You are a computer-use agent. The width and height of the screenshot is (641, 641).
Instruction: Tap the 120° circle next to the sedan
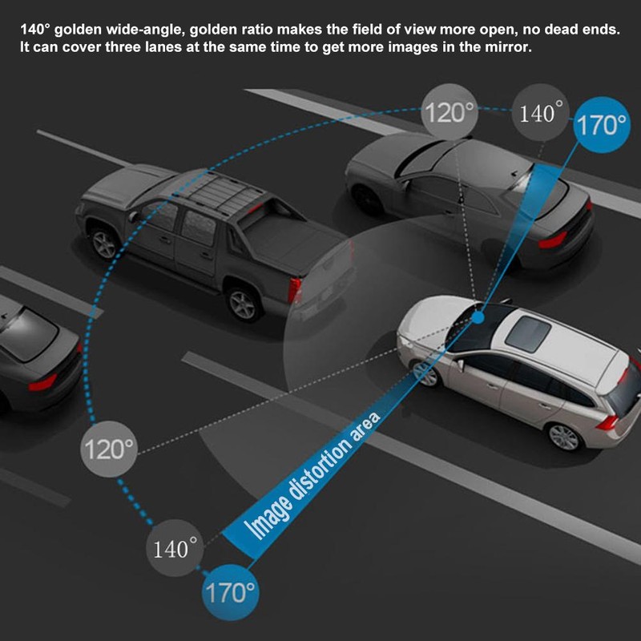click(450, 112)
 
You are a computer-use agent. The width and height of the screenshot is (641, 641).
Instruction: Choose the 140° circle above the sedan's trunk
click(537, 113)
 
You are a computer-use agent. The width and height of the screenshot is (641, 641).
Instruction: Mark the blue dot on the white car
click(478, 318)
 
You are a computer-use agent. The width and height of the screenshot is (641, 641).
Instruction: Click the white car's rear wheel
click(564, 437)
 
